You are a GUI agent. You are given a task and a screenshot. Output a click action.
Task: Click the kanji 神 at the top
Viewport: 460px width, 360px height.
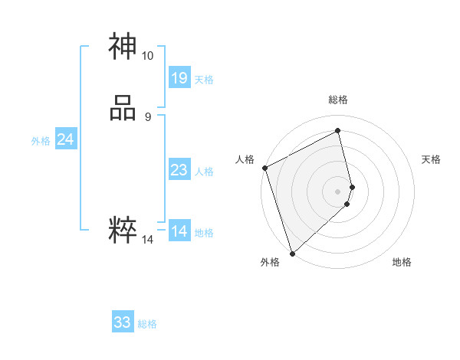point(123,47)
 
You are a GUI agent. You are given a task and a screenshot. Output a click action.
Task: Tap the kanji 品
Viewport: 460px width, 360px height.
point(123,109)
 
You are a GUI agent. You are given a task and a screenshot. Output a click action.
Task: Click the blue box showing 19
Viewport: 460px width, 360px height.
point(179,77)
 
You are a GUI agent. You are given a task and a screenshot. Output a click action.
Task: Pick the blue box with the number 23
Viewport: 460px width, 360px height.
point(179,170)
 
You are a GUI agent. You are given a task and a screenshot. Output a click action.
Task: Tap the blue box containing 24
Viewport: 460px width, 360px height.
point(65,139)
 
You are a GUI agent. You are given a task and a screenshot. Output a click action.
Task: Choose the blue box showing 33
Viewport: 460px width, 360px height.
point(123,322)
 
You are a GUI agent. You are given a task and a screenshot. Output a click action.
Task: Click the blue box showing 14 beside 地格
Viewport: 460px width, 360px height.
point(179,231)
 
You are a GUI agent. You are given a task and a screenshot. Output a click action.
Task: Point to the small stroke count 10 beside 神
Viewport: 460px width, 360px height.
point(147,56)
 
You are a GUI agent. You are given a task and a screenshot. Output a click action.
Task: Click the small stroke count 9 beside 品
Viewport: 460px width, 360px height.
point(147,117)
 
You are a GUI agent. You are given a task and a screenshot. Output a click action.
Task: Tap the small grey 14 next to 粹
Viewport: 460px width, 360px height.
point(147,240)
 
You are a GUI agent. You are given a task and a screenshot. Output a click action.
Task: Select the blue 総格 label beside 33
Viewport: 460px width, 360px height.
point(147,324)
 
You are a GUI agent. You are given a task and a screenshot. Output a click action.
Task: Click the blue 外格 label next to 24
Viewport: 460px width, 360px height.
point(41,141)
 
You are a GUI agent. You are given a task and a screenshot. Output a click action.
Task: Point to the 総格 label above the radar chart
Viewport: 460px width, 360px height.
point(337,100)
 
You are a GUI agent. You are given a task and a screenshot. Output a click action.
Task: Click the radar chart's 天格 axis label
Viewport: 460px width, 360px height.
point(431,159)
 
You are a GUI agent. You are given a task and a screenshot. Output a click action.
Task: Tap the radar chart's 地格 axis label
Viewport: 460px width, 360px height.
point(402,262)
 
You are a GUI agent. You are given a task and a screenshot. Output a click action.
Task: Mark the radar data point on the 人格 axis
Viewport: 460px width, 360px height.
point(264,168)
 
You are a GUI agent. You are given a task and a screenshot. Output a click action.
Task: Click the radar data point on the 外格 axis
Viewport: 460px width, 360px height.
point(291,253)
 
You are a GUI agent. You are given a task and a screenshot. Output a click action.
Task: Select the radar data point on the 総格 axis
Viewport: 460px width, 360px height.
point(337,131)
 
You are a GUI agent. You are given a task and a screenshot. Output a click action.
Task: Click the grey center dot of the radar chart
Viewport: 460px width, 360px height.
point(337,191)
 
